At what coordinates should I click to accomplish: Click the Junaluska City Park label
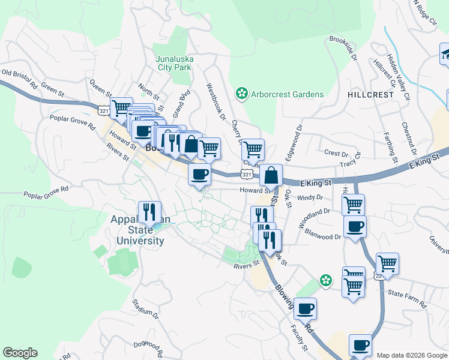coord(173,63)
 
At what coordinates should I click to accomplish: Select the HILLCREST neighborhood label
coord(370,95)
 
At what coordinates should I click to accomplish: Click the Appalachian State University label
coord(137,230)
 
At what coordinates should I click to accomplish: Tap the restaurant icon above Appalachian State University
coord(147,212)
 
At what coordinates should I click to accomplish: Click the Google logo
coord(20,353)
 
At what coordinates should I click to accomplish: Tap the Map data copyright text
coord(411,355)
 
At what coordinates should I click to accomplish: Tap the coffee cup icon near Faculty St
coord(306,308)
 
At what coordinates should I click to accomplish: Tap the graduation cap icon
coord(445,54)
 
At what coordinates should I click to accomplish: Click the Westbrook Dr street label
coord(217,98)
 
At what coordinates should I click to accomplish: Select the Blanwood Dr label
coord(322,234)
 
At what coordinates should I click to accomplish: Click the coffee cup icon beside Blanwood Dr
coord(355,227)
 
